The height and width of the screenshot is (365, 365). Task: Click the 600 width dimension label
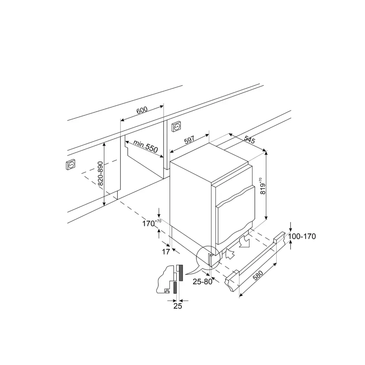pos(142,110)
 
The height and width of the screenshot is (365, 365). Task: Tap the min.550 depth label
pos(146,146)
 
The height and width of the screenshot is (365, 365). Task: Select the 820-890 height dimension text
pos(100,173)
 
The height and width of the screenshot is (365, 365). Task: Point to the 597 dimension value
pos(189,140)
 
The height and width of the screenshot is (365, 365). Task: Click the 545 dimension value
pos(250,139)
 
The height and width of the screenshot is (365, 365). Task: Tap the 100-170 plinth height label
pos(302,237)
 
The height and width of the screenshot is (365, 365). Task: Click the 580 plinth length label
pos(258,276)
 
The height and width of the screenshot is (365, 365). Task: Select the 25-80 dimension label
pos(203,282)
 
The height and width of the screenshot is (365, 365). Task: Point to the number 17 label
pos(166,251)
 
